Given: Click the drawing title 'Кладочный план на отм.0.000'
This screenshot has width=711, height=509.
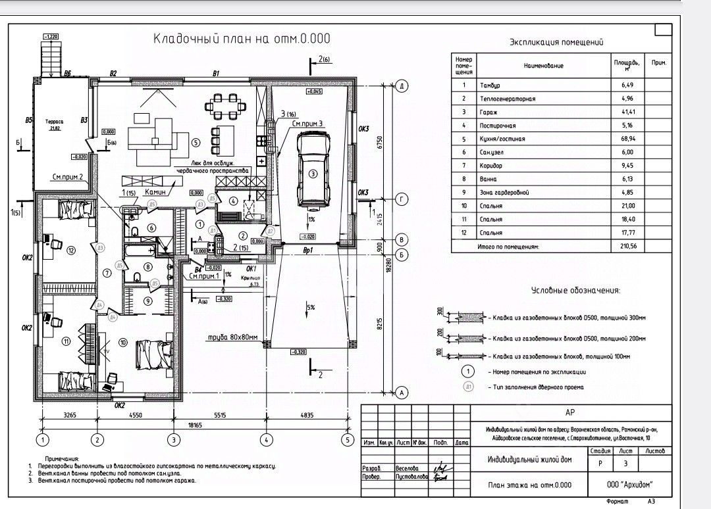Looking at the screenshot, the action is (x=242, y=38).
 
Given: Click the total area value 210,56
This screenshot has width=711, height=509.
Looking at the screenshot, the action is (x=621, y=247).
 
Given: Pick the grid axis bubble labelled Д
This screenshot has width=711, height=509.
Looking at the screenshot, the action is (x=400, y=86).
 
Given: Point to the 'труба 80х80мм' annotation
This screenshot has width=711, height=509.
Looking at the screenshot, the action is (x=232, y=339).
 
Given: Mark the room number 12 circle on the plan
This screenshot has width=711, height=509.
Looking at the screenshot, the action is (x=71, y=249).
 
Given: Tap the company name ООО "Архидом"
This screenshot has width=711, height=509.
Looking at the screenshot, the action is (x=632, y=485).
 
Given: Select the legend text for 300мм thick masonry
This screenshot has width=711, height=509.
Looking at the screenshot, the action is (x=567, y=318).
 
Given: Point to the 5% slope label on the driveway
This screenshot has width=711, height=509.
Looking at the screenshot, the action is (x=310, y=307).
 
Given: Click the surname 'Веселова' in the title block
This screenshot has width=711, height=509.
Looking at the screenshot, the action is (x=408, y=468).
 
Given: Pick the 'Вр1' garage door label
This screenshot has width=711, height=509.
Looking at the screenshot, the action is (x=307, y=251).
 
